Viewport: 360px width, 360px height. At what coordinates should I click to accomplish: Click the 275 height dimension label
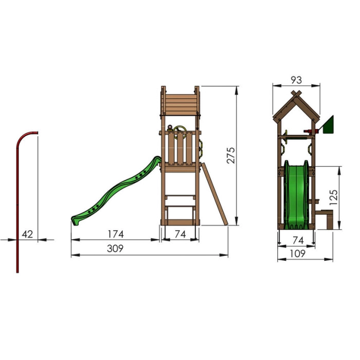coord(231,155)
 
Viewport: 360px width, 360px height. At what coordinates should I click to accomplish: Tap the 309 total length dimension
coord(115,248)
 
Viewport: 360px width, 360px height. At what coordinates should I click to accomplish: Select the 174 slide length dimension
coord(116,234)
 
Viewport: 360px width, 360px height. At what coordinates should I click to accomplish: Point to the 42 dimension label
coord(28,234)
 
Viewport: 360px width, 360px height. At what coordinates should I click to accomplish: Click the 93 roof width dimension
coord(296,80)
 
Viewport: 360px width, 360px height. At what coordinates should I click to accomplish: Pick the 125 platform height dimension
coord(334,197)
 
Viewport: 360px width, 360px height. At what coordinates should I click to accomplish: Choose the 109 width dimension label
coord(298,254)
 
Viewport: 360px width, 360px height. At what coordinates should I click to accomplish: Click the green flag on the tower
coord(329,125)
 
